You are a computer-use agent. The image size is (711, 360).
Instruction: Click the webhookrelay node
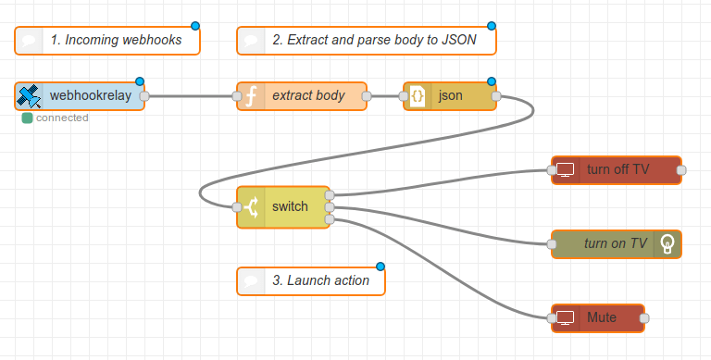point(83,95)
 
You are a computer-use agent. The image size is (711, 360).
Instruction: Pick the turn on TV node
point(611,243)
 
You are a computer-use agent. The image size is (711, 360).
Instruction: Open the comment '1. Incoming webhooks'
point(107,41)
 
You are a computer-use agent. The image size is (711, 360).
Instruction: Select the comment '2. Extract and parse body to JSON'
point(367,41)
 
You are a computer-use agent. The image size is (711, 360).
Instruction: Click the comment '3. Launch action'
point(311,280)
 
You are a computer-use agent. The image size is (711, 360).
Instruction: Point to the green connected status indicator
point(28,118)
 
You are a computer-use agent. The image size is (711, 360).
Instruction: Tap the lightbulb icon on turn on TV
point(667,243)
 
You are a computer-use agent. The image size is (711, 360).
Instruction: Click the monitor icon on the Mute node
point(566,317)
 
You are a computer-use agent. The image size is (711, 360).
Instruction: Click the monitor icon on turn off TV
point(566,169)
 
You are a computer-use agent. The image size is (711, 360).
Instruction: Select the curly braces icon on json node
point(418,95)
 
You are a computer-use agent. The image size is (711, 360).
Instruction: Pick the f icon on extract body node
point(251,95)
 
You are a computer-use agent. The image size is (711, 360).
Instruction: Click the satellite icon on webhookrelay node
point(30,95)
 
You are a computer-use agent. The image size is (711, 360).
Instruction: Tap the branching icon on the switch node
point(251,206)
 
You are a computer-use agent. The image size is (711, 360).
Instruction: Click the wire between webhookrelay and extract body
point(190,95)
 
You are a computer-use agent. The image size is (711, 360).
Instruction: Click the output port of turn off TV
point(681,169)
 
